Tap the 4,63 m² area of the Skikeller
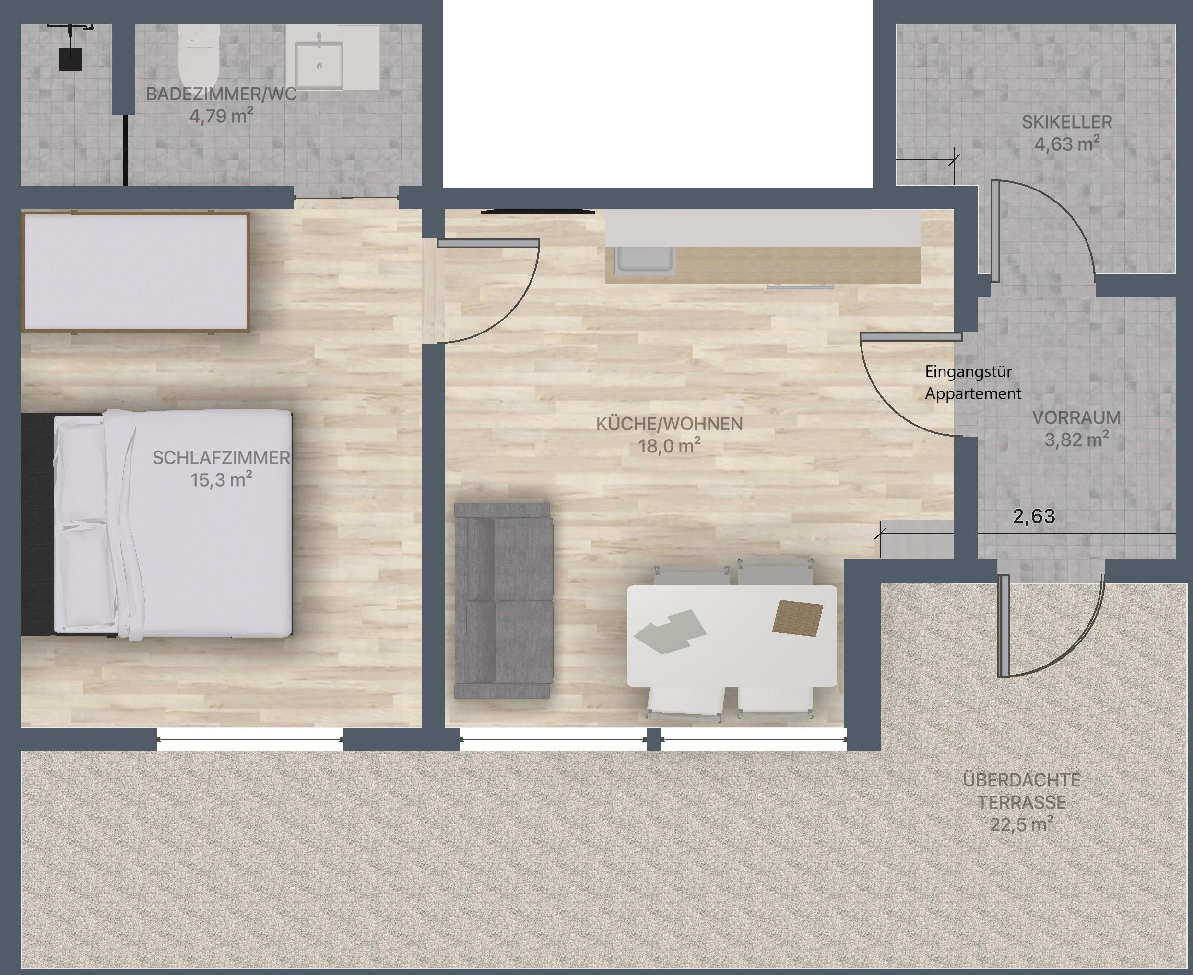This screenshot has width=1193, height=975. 1067,144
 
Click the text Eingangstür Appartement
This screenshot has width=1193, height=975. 973,382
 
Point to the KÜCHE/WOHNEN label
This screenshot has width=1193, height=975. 669,424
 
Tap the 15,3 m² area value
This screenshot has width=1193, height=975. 221,480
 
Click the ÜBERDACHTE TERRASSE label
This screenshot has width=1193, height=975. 1021,791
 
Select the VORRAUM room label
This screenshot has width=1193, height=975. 1076,418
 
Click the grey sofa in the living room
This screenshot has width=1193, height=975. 503,600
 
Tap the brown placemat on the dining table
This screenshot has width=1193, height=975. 798,618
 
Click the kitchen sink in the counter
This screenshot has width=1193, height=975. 646,261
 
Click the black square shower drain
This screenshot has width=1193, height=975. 70,59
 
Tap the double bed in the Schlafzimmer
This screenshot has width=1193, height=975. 157,524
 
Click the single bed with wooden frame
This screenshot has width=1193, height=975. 135,272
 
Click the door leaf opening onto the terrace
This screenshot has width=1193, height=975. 1003,625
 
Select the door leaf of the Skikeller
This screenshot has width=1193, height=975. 995,231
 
